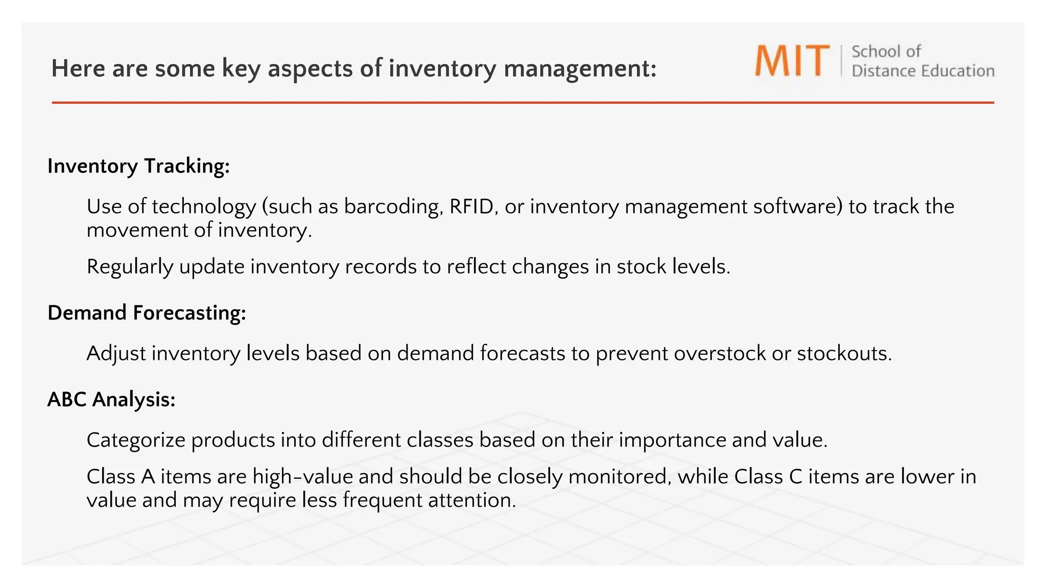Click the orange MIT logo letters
(792, 61)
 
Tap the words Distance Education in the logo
(922, 71)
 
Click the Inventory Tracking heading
(138, 166)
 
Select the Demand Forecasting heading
(147, 313)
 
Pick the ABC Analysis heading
(111, 400)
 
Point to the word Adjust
(116, 354)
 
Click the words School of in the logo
(886, 52)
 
